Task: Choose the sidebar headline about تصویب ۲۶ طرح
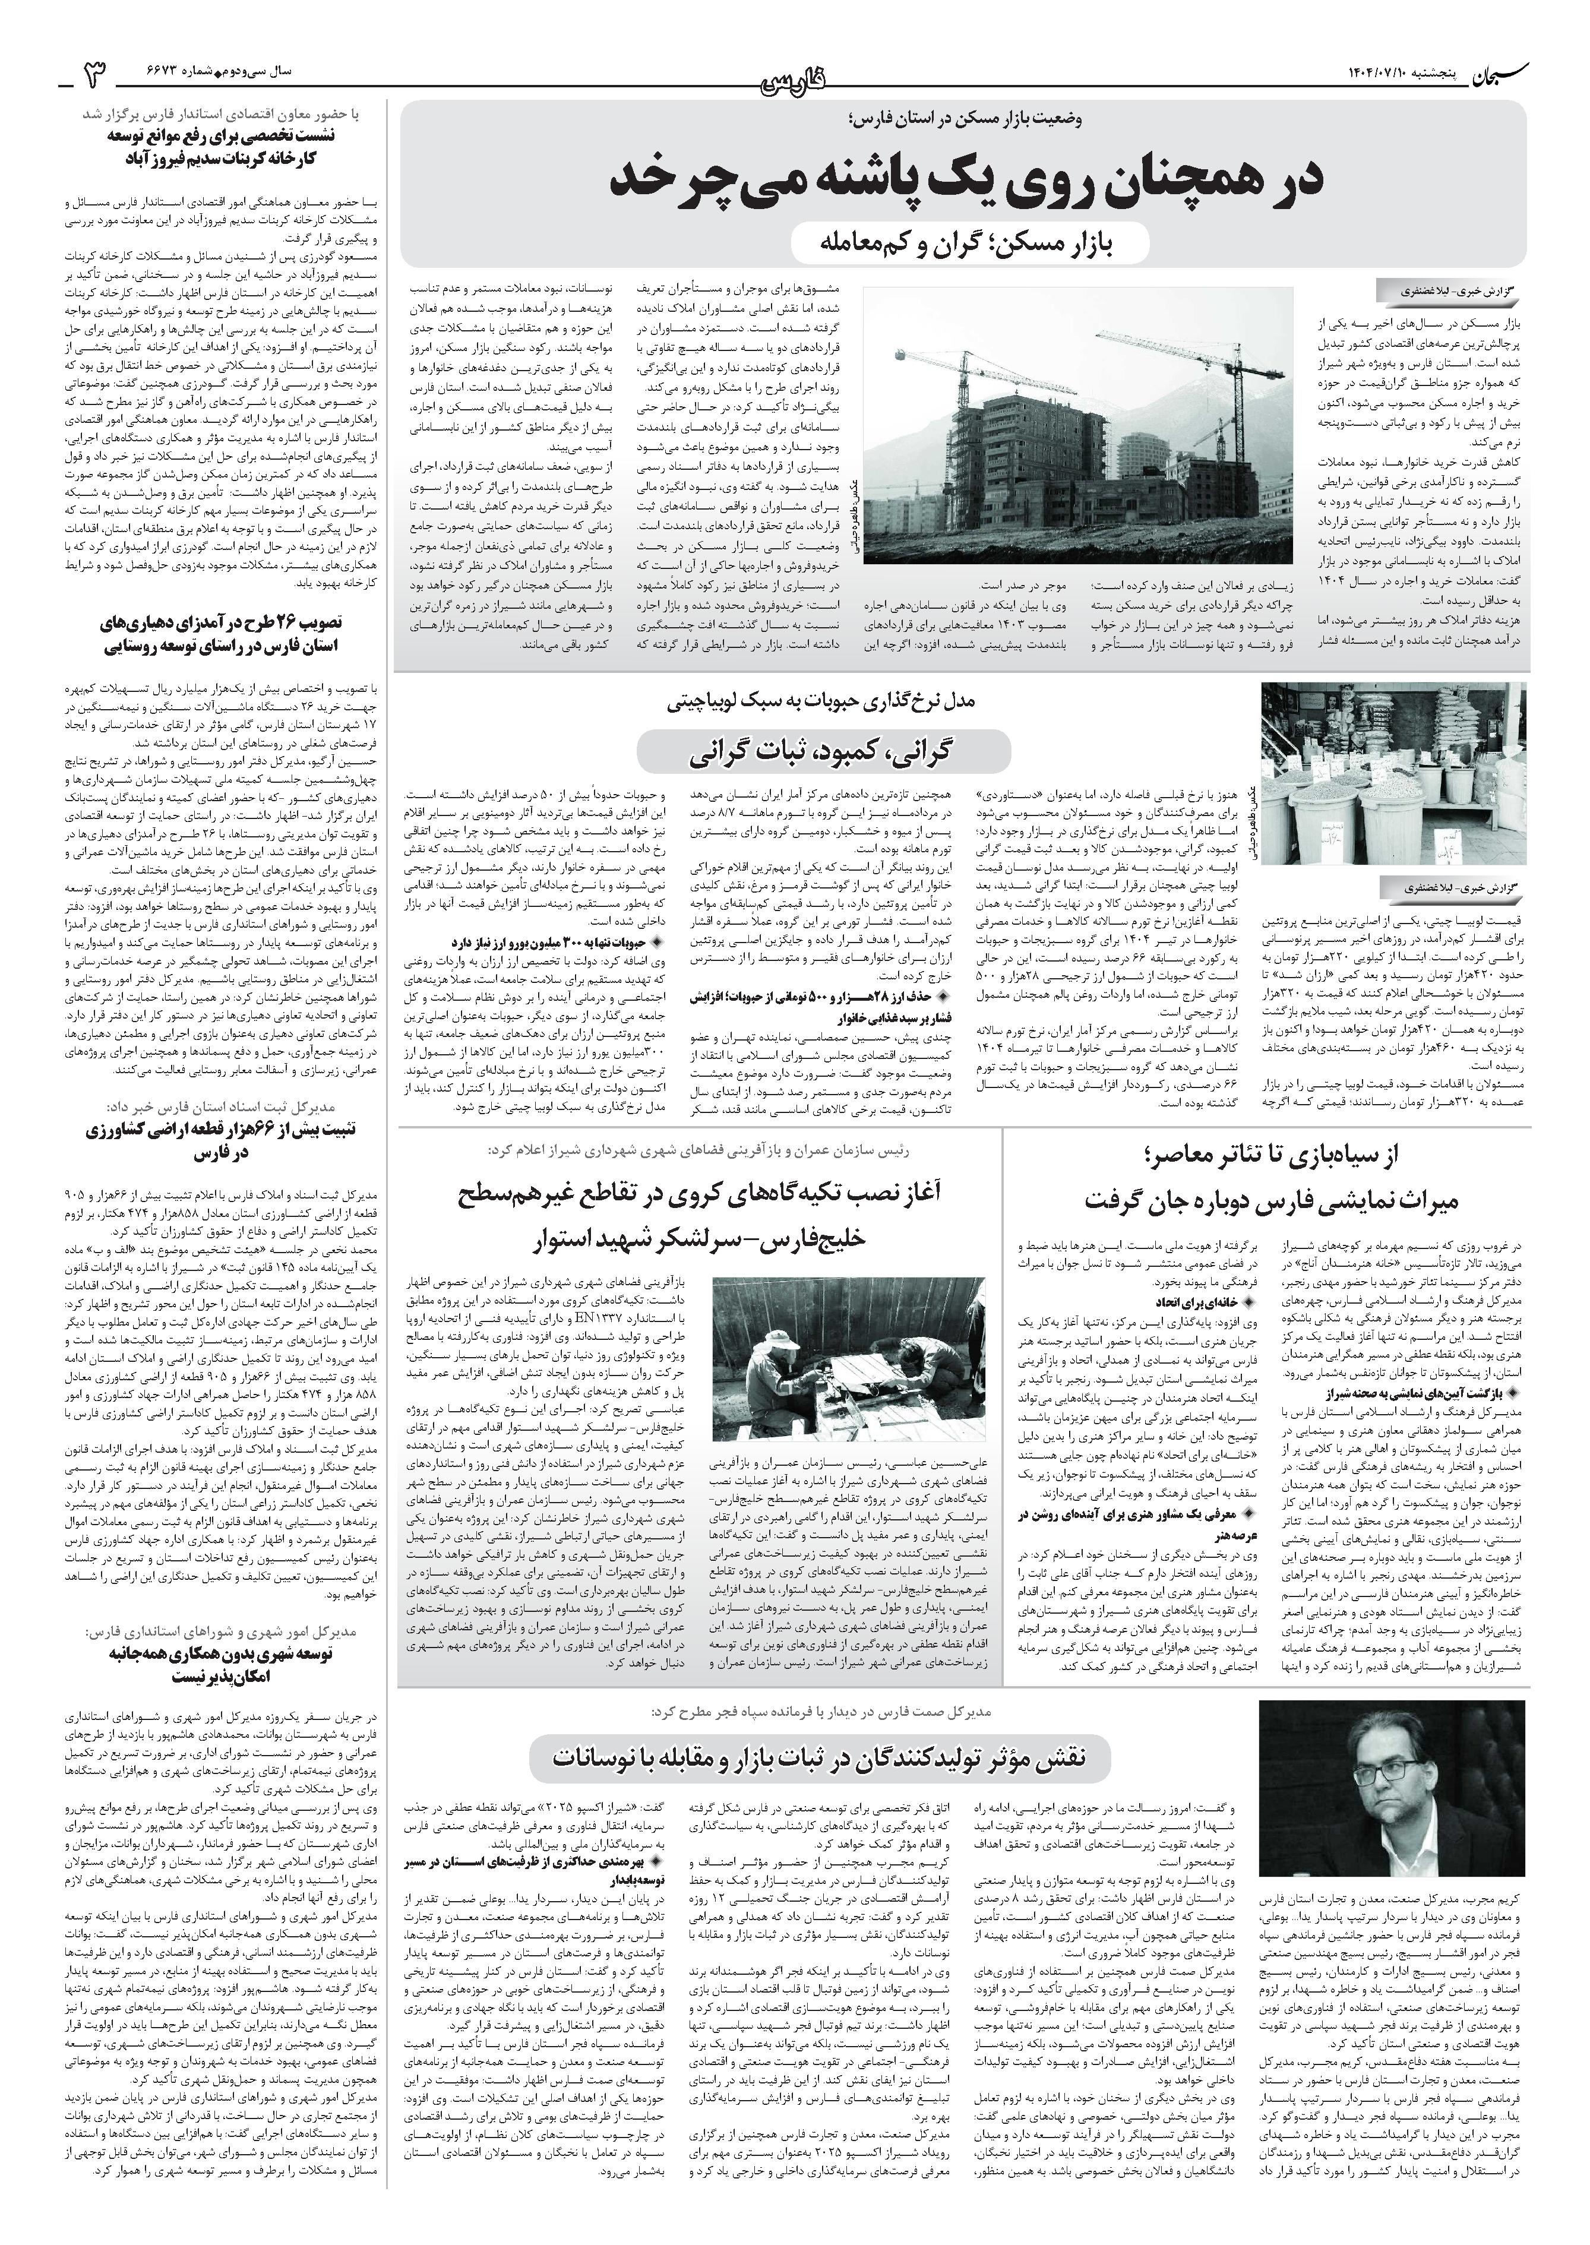point(226,634)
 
